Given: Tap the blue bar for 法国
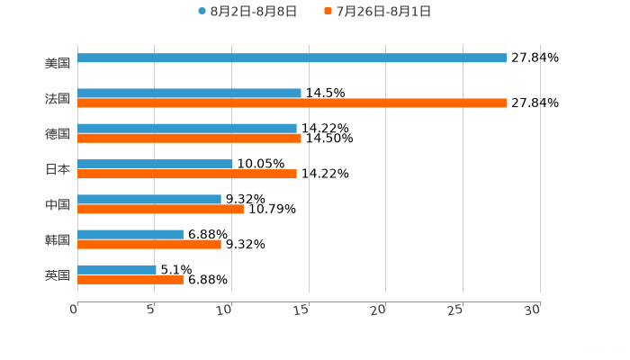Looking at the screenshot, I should [189, 93].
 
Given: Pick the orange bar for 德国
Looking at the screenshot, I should [189, 139].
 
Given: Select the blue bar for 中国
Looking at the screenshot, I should [148, 199].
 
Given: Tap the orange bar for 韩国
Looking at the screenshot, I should [148, 244].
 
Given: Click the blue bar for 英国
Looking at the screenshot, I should [116, 269].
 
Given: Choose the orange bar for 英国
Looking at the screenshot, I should [130, 279].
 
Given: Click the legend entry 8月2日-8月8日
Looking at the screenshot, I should [247, 12].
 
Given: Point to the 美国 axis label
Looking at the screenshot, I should [58, 63].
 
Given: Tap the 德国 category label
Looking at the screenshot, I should [58, 133].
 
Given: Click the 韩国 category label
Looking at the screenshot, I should [58, 239].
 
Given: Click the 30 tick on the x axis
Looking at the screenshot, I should [532, 309].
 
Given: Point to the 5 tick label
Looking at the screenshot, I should [151, 309].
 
